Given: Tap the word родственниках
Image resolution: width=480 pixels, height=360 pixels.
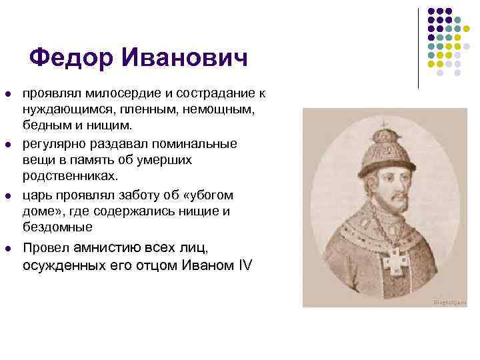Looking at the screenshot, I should (69, 177).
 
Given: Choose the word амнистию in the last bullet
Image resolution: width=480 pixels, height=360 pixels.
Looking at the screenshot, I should (111, 249).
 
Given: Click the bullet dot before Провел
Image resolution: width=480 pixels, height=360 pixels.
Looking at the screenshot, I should (8, 249).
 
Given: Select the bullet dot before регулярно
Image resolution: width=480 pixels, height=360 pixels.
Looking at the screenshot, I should (8, 145).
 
